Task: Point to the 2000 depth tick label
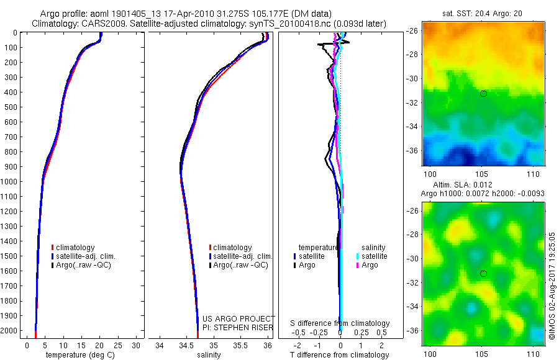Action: pyautogui.click(x=11, y=331)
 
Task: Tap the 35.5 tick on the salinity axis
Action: pyautogui.click(x=240, y=345)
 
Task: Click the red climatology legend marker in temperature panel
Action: pyautogui.click(x=53, y=248)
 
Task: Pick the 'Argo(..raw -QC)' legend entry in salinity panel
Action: pyautogui.click(x=240, y=265)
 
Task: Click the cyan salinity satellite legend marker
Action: pyautogui.click(x=358, y=256)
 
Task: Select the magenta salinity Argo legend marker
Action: pyautogui.click(x=358, y=265)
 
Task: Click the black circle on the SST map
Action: pyautogui.click(x=483, y=94)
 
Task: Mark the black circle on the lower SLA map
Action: pyautogui.click(x=483, y=274)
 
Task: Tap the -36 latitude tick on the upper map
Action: pyautogui.click(x=412, y=150)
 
